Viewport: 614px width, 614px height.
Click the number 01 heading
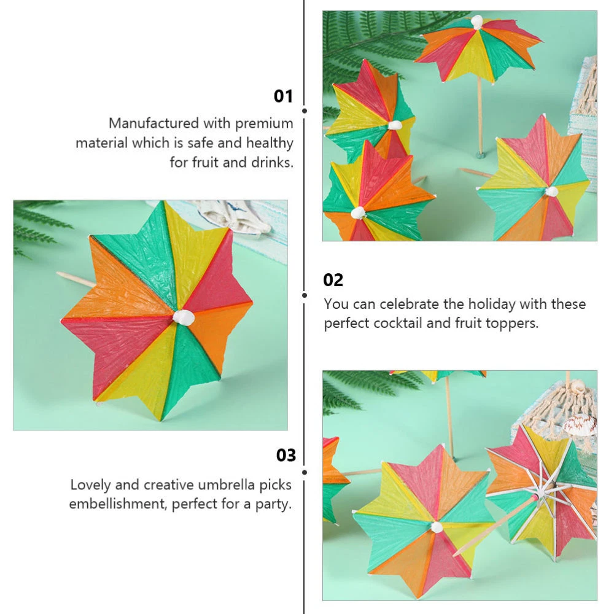click(x=283, y=96)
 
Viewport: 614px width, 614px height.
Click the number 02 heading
click(x=333, y=280)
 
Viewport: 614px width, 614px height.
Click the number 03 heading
click(x=286, y=455)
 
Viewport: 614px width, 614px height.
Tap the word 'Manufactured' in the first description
click(x=154, y=123)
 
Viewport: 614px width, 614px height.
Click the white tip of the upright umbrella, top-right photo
click(x=477, y=21)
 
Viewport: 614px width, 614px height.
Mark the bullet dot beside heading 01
click(x=305, y=111)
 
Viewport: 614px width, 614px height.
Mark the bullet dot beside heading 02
click(x=305, y=295)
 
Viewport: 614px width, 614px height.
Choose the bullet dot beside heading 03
click(x=305, y=472)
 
